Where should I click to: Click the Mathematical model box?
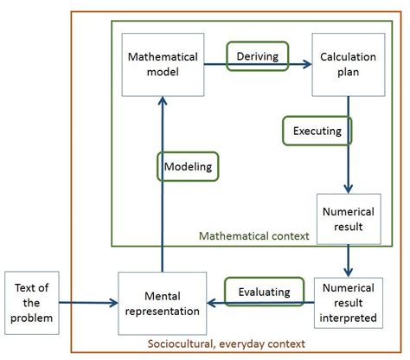[x=163, y=65]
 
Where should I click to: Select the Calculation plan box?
[x=348, y=65]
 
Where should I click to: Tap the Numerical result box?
[x=348, y=219]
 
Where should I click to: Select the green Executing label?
[x=317, y=132]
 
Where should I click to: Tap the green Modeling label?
[x=188, y=164]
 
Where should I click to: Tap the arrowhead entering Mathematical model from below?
[x=163, y=102]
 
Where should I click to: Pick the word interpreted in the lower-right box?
[x=348, y=317]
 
